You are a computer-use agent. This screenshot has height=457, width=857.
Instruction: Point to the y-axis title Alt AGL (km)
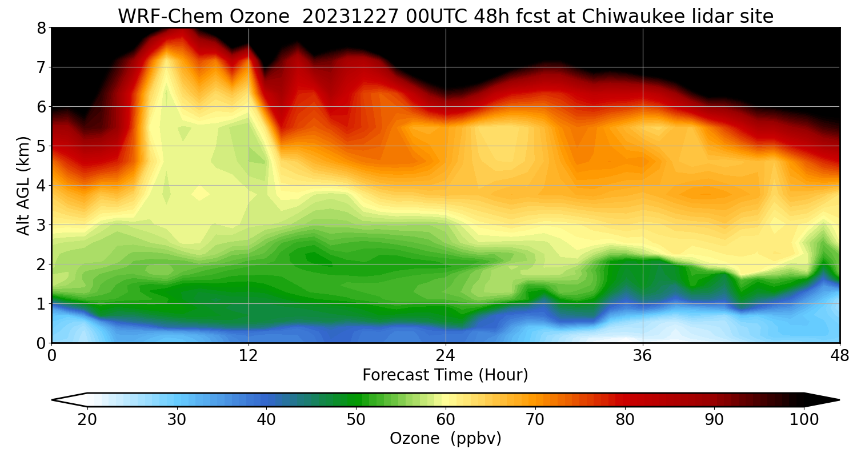(23, 185)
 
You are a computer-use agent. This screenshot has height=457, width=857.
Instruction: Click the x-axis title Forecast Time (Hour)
(445, 375)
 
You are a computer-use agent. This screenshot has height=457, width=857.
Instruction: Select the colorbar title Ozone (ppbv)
(445, 438)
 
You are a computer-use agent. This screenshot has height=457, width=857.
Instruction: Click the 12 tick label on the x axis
(249, 355)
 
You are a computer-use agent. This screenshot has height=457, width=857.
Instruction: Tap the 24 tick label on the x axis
(446, 355)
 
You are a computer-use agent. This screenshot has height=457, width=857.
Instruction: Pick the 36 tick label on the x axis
(643, 355)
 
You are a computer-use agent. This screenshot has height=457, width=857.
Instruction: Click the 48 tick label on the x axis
(839, 355)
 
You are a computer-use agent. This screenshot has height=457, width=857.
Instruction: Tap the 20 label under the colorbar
(87, 420)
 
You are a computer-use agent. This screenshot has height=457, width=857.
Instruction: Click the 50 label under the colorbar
(356, 420)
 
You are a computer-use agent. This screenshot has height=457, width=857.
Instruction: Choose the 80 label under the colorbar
(625, 420)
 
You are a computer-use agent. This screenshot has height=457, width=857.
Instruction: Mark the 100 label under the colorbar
(804, 420)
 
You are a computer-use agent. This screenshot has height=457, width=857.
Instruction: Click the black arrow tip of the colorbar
(826, 400)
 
